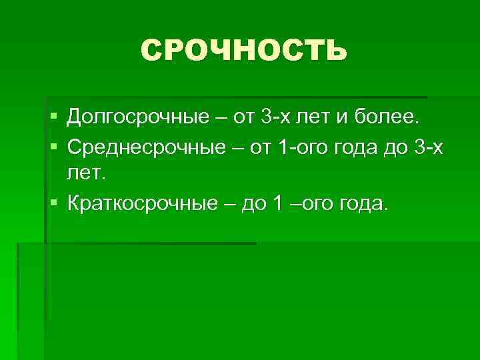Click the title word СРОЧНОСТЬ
coord(243,51)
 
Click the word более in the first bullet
coord(392,119)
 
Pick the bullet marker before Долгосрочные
coord(53,119)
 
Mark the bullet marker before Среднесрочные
coord(53,147)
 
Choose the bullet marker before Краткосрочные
coord(53,202)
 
